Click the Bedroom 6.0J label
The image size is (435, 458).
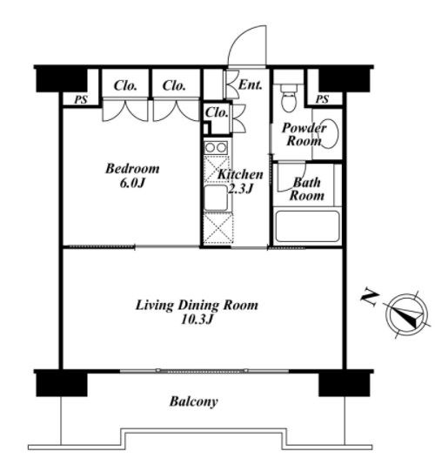pyautogui.click(x=132, y=176)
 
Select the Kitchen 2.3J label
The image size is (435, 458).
pyautogui.click(x=240, y=182)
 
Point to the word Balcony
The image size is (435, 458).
pyautogui.click(x=194, y=402)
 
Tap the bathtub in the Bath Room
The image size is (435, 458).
pyautogui.click(x=307, y=226)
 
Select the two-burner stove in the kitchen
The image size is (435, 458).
pyautogui.click(x=216, y=147)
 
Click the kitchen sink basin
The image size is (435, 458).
pyautogui.click(x=216, y=198)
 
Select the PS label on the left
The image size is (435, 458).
pyautogui.click(x=81, y=100)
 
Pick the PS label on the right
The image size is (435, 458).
pyautogui.click(x=322, y=99)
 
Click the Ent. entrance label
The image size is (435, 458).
pyautogui.click(x=251, y=85)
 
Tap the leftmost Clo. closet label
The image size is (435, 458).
pyautogui.click(x=125, y=86)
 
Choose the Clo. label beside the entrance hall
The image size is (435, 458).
pyautogui.click(x=217, y=112)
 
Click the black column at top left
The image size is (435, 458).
pyautogui.click(x=62, y=80)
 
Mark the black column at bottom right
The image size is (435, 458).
pyautogui.click(x=345, y=385)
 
